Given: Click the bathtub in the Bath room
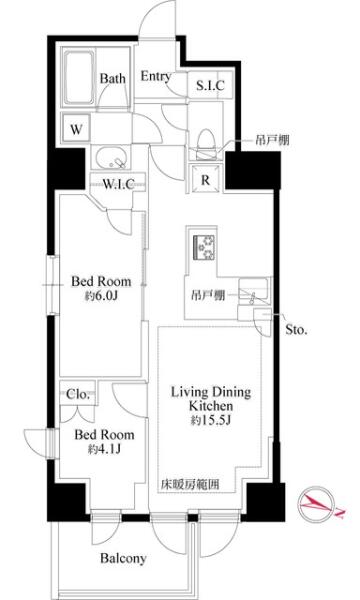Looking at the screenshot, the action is point(79,78).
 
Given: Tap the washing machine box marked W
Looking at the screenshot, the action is point(76,129).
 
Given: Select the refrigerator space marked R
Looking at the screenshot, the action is point(205,179).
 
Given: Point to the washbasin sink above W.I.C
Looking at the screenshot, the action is point(112,158).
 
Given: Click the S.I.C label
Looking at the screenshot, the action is point(210,85).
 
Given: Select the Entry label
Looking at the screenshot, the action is point(155,77).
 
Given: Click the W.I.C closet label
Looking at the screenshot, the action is point(118,184).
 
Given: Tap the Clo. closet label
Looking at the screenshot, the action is point(78,394).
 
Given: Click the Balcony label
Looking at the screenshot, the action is point(123,558).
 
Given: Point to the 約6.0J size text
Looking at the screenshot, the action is point(101,296).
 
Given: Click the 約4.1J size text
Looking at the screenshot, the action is point(104,449).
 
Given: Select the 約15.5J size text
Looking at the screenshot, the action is point(210,421).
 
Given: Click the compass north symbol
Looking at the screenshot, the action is point(318,505).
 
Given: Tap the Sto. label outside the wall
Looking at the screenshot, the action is point(296,330).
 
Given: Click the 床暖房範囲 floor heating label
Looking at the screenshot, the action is point(190,485).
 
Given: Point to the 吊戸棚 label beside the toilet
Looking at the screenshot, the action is point(272,140).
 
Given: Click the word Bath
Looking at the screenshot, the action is point(112,78).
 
